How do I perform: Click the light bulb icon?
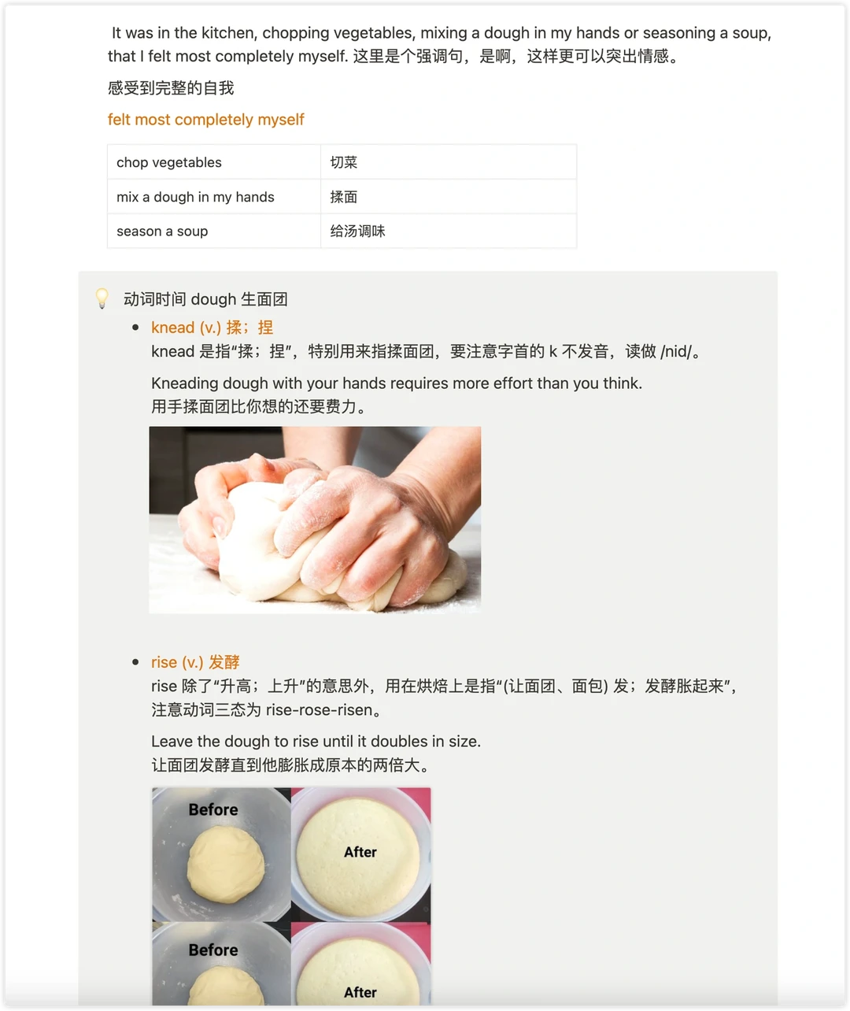tap(102, 298)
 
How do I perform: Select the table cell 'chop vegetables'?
tap(213, 162)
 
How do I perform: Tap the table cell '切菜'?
tap(449, 162)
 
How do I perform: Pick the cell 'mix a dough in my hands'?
tap(213, 197)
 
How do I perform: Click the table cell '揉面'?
tap(449, 197)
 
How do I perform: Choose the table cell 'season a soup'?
tap(213, 231)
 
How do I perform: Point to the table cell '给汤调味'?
tap(449, 231)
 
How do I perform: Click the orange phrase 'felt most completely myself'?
tap(205, 119)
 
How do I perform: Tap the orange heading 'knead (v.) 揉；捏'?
tap(212, 328)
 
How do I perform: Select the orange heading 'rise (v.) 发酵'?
tap(195, 662)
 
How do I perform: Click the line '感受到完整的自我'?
tap(171, 87)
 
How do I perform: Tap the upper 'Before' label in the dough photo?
tap(213, 809)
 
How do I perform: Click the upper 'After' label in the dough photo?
tap(360, 852)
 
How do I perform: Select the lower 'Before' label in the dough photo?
tap(213, 950)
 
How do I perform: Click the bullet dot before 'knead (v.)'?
tap(135, 328)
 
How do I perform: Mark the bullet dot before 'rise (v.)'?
tap(135, 662)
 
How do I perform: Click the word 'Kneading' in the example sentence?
tap(185, 383)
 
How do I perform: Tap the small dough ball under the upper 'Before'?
tap(226, 865)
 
